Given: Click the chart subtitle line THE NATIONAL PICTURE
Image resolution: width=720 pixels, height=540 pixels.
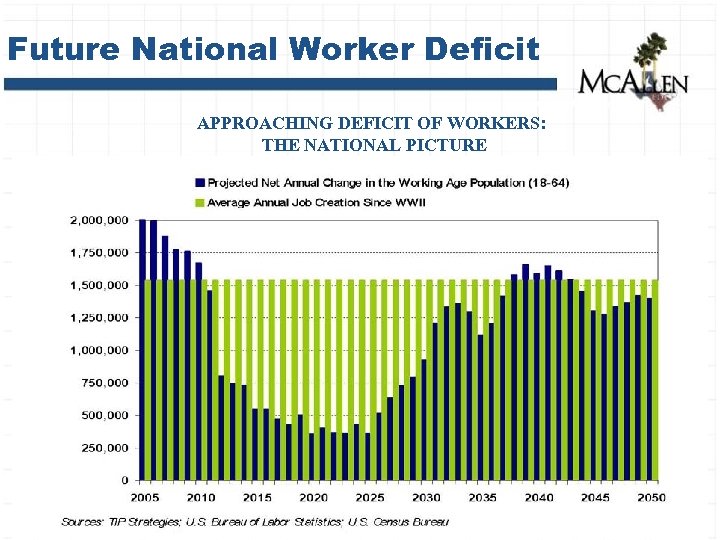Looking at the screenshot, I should click(374, 145).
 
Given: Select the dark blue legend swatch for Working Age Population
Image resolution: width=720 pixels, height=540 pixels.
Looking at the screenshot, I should click(200, 183).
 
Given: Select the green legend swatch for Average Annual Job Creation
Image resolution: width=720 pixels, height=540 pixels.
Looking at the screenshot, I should click(200, 202).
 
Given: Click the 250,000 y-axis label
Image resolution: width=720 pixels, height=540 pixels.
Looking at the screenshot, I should click(104, 447).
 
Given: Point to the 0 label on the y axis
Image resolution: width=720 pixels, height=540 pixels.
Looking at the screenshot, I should click(124, 480).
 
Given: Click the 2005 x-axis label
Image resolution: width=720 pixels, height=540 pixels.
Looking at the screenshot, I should click(144, 498).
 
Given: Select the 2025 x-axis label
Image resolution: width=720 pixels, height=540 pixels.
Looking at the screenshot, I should click(370, 498).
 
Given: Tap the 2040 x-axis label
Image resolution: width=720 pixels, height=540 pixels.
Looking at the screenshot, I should click(539, 498).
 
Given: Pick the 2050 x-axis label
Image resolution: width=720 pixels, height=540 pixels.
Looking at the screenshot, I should click(651, 498).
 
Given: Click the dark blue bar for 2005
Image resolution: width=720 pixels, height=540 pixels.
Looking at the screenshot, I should click(143, 350).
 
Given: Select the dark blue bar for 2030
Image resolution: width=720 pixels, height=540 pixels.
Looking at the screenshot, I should click(424, 420).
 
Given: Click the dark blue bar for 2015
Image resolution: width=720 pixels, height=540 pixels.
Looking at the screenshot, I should click(255, 444).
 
